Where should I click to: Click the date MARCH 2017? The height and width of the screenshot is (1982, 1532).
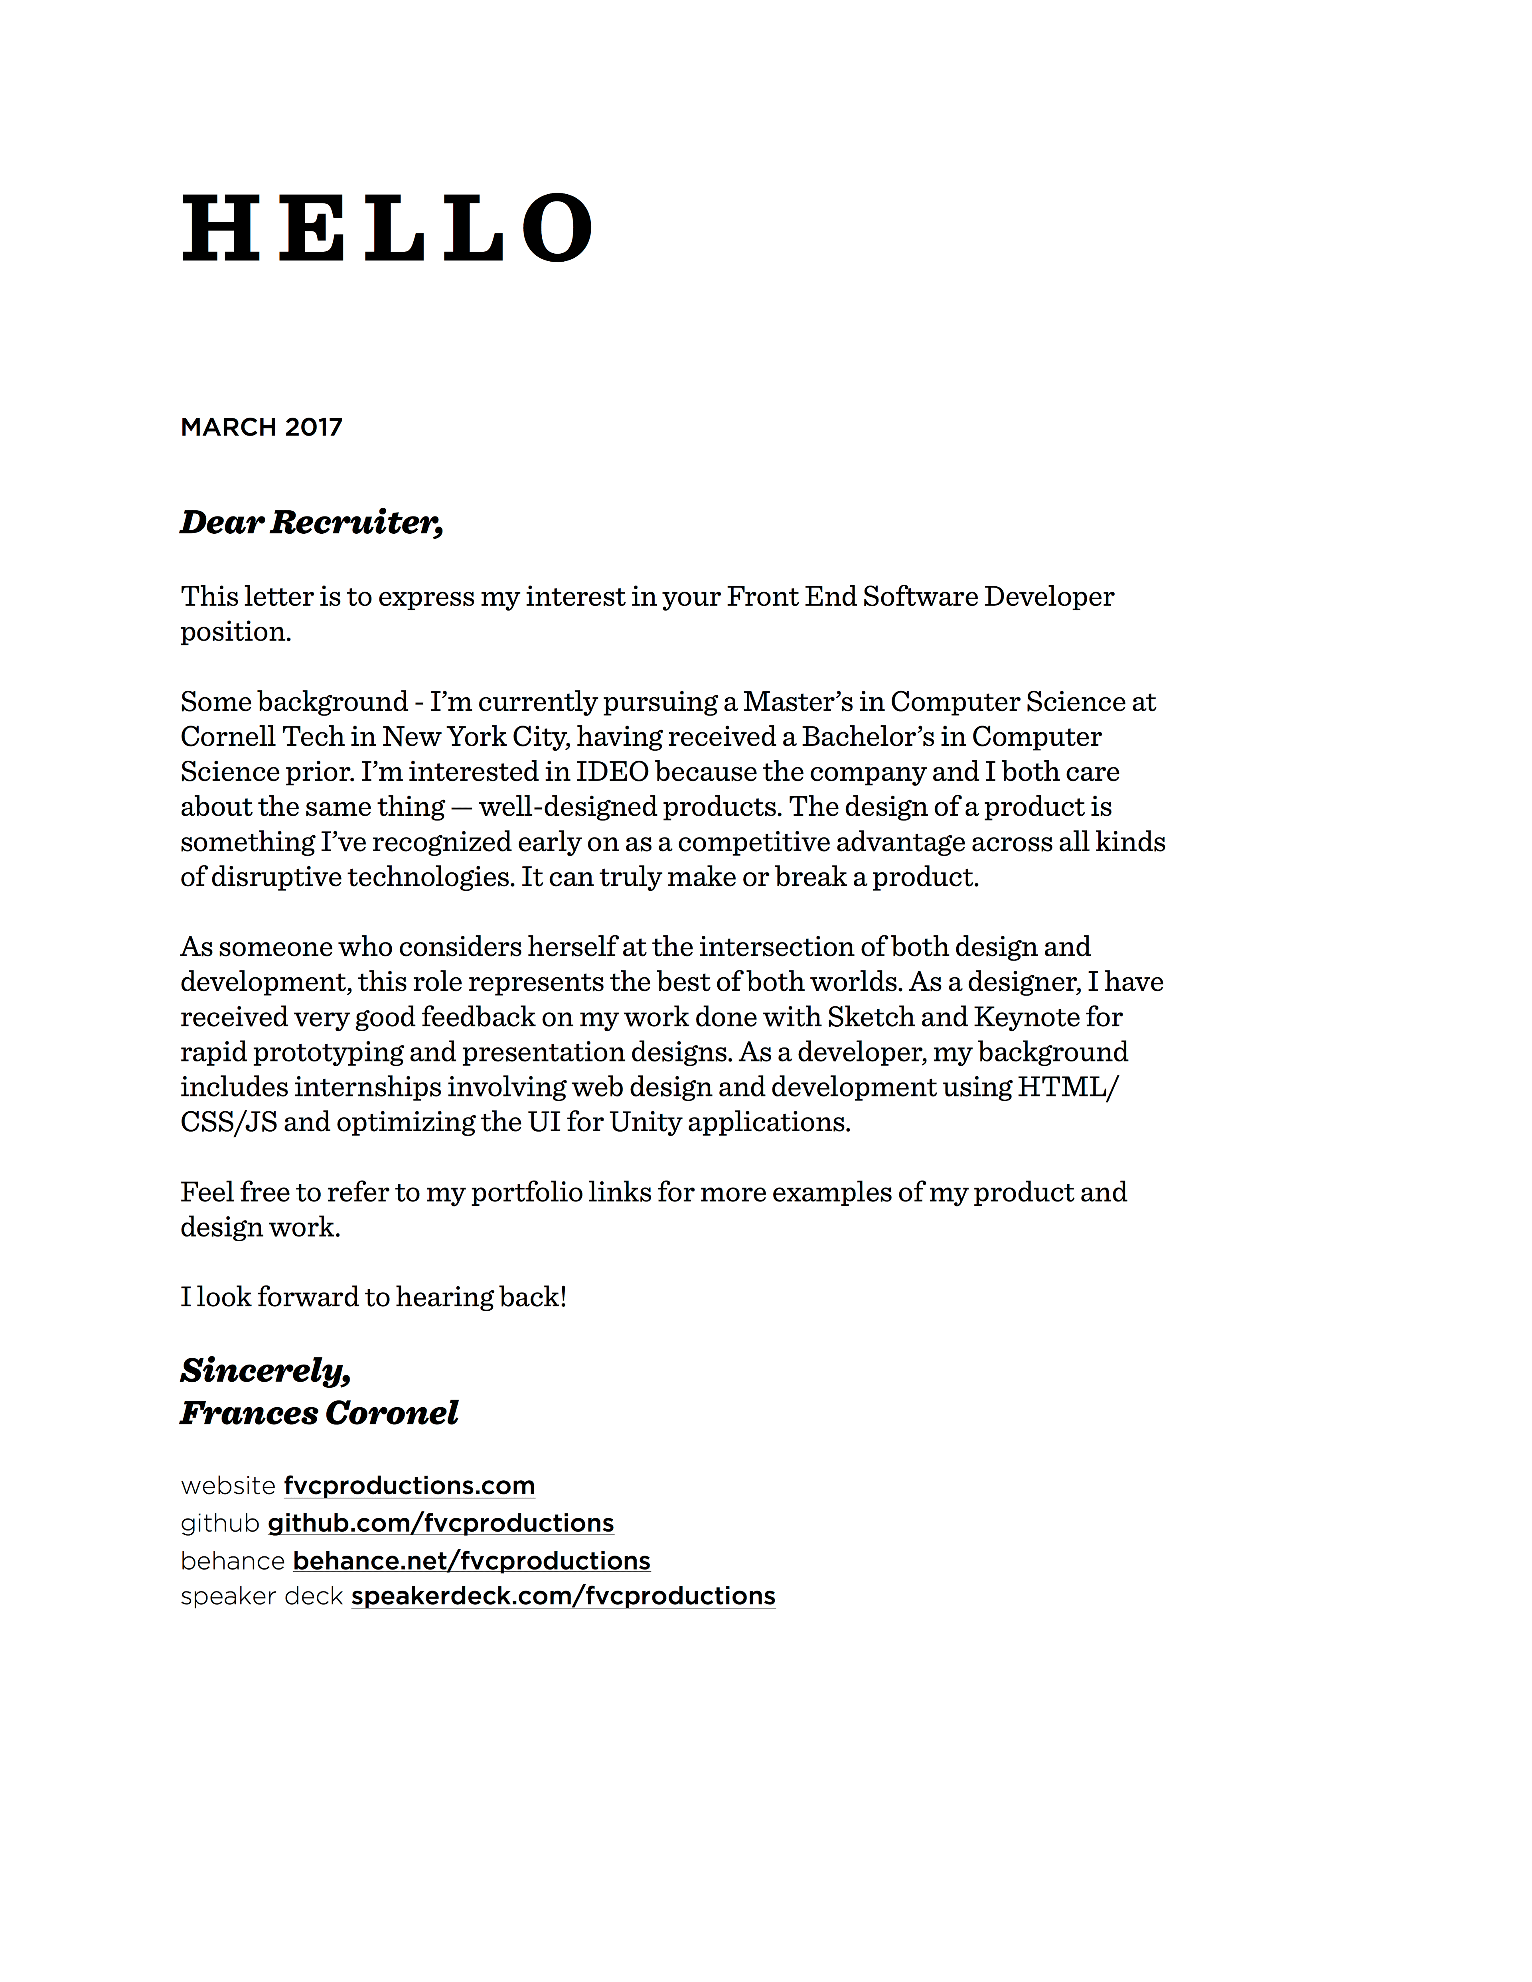tap(261, 428)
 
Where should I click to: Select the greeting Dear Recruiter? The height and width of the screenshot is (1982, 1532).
tap(311, 523)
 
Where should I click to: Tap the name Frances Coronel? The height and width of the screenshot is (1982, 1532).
tap(320, 1413)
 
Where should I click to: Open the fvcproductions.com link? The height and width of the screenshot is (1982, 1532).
tap(409, 1485)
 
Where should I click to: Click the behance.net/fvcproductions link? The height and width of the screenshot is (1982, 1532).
tap(471, 1561)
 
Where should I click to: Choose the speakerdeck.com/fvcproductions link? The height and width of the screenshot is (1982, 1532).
tap(563, 1596)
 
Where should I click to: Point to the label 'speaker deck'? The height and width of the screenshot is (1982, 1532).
tap(261, 1596)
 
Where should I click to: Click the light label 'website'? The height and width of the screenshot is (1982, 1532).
tap(228, 1485)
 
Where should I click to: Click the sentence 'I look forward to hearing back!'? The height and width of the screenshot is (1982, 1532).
tap(373, 1297)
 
